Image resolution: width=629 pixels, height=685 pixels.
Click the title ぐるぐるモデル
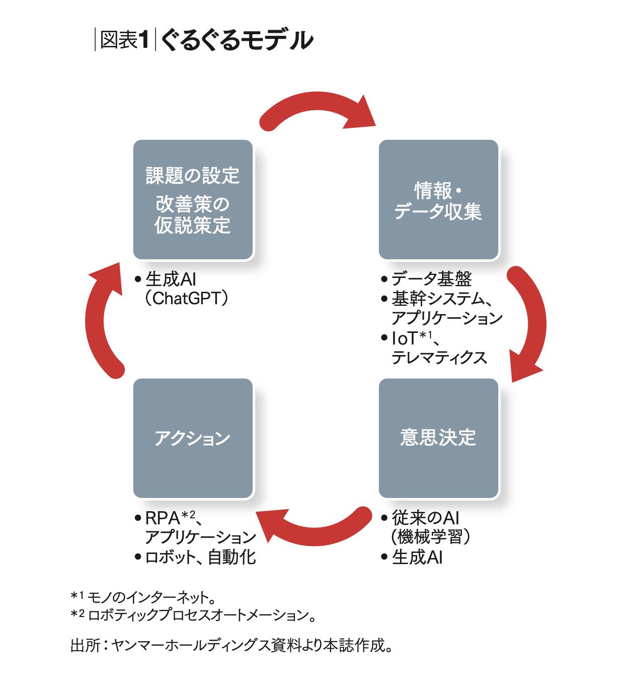point(237,40)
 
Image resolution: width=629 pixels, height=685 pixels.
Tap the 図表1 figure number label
point(125,40)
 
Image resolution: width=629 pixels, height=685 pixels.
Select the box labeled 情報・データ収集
point(438,200)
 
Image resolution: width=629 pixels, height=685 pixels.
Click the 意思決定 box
point(438,438)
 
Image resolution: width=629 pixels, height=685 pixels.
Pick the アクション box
point(193,438)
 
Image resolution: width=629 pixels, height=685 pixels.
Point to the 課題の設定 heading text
point(193,176)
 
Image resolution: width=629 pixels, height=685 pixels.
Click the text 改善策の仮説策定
point(193,215)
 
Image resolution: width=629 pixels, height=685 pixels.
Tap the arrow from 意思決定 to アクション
point(314,526)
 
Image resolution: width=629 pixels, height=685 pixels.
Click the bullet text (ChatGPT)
point(187,299)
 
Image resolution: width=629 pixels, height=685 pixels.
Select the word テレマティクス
point(439,358)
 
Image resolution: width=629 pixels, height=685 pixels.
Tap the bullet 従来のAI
point(425,518)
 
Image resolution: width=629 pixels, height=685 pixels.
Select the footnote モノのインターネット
point(151,597)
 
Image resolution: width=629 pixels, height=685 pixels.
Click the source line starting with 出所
point(231,645)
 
